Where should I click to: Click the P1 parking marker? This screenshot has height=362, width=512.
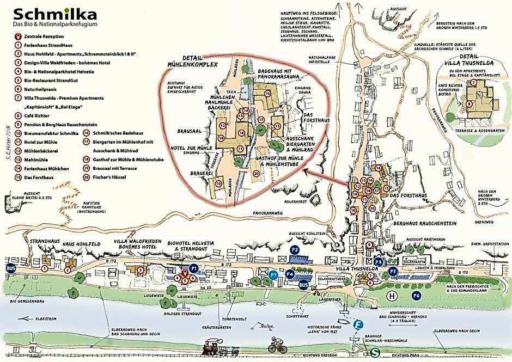(x=193, y=269)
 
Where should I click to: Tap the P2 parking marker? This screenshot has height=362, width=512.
(x=295, y=249)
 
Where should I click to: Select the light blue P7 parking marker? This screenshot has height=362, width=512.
(x=273, y=275)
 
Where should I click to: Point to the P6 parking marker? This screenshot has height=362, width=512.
(x=416, y=295)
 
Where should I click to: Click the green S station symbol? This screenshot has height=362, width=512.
(x=375, y=353)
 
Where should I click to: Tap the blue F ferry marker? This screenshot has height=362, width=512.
(x=358, y=325)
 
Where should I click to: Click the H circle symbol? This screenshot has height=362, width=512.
(x=391, y=296)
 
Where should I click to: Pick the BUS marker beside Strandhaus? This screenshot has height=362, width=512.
(x=11, y=268)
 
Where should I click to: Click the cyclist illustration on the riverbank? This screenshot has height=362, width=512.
(x=277, y=346)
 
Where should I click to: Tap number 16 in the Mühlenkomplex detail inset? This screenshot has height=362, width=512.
(x=267, y=94)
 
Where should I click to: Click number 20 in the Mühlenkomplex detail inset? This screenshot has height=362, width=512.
(x=256, y=174)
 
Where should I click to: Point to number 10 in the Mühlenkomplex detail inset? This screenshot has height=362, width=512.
(x=218, y=184)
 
